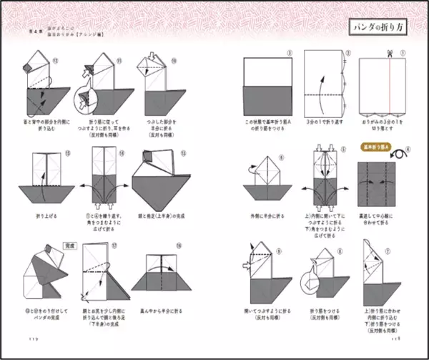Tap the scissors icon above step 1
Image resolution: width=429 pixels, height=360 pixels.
[390, 53]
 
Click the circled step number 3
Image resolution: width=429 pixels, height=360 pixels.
[290, 53]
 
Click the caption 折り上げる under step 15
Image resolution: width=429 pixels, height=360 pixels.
[45, 215]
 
